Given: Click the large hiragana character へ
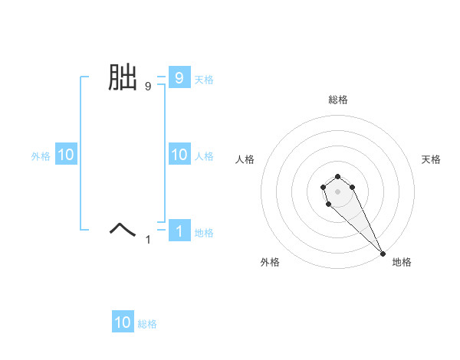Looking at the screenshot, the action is pyautogui.click(x=122, y=229).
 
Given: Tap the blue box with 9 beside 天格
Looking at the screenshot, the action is pyautogui.click(x=179, y=78).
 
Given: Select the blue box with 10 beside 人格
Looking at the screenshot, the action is pyautogui.click(x=179, y=155).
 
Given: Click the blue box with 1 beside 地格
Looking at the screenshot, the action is pyautogui.click(x=179, y=231).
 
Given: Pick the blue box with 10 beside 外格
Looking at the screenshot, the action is pyautogui.click(x=65, y=155).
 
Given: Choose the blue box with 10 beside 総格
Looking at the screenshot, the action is pyautogui.click(x=123, y=322).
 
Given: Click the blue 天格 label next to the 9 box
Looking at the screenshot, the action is pyautogui.click(x=204, y=79).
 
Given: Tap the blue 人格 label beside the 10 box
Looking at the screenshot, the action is pyautogui.click(x=204, y=155).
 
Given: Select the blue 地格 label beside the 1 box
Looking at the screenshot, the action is pyautogui.click(x=204, y=232).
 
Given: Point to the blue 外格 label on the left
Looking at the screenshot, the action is pyautogui.click(x=41, y=155).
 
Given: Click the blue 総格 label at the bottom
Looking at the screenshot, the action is pyautogui.click(x=147, y=324).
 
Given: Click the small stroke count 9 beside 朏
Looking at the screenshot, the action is pyautogui.click(x=148, y=87).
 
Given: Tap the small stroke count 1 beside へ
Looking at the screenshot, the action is pyautogui.click(x=148, y=240).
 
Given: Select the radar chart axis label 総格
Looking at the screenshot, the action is pyautogui.click(x=338, y=100).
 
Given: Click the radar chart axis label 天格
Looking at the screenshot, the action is pyautogui.click(x=431, y=159).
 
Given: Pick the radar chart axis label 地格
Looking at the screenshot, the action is pyautogui.click(x=402, y=262).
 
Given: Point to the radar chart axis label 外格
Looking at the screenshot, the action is pyautogui.click(x=270, y=262).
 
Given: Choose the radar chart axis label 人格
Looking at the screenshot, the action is pyautogui.click(x=245, y=159).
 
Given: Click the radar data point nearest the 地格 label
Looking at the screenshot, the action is pyautogui.click(x=383, y=253).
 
